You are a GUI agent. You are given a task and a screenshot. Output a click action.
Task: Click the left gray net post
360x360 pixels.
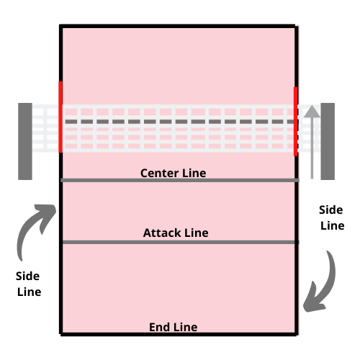point(25,141)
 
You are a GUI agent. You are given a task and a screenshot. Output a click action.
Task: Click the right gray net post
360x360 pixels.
point(328,141)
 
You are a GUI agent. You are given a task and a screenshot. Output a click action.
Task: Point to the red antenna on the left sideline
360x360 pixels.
point(60,117)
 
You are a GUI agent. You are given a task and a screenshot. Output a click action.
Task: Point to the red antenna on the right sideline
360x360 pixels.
point(296,122)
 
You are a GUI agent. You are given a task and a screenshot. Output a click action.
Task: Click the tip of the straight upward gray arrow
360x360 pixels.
point(312,105)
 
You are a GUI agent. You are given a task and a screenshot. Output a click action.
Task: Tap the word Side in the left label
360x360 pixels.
point(27,276)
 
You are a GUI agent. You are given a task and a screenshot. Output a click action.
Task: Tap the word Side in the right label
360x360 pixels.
point(331,210)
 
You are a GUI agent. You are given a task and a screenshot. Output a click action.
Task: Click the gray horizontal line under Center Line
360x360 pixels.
point(180,180)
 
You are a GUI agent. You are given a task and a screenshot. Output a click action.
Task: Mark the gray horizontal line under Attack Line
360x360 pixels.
point(181,243)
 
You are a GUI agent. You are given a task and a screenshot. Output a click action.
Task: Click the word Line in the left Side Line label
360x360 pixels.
point(30,292)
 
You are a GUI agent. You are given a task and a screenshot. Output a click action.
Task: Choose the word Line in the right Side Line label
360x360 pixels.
point(333,226)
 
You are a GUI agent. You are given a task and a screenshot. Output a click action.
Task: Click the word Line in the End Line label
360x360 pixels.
point(185,327)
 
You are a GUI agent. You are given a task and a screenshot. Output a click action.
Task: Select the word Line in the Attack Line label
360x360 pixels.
point(197,233)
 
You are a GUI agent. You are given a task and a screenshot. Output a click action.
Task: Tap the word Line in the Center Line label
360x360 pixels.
point(194,173)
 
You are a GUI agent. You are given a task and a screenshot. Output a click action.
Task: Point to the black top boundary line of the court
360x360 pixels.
point(178,26)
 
